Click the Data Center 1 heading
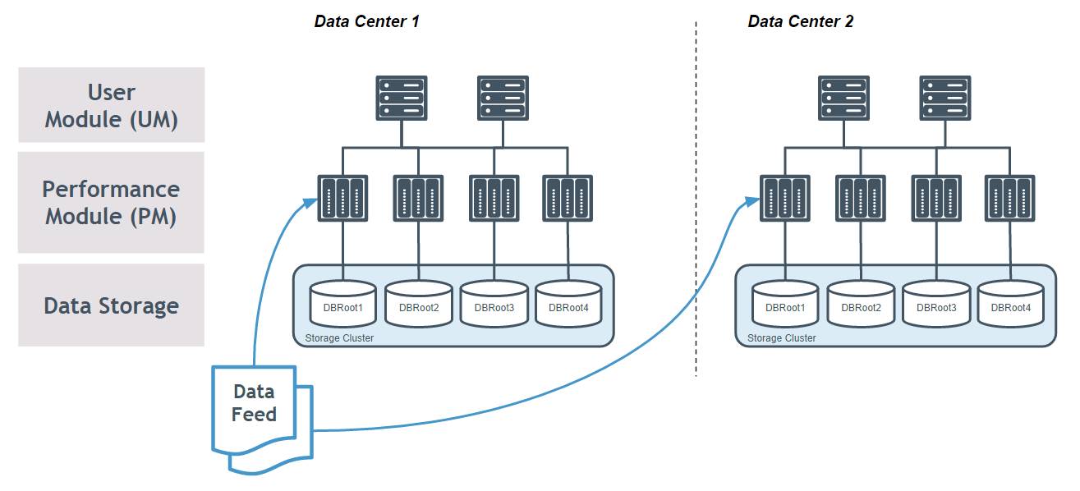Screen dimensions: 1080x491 tap(366, 21)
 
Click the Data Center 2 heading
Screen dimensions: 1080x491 tap(801, 21)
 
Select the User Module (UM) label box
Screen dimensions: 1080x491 tap(112, 105)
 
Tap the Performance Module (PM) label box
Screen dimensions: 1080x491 tap(111, 202)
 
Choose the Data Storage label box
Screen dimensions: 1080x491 tap(112, 305)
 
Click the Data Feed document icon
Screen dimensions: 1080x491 tap(262, 420)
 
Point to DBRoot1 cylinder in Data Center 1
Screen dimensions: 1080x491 tap(342, 305)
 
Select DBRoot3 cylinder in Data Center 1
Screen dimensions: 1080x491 tap(494, 305)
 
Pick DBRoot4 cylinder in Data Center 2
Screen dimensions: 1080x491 tap(1010, 305)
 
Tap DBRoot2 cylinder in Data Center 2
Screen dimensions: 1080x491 tap(861, 305)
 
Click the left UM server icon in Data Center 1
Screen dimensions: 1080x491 tap(402, 98)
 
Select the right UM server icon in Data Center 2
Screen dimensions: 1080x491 tap(945, 98)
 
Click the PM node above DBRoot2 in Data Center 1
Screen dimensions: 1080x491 tap(418, 198)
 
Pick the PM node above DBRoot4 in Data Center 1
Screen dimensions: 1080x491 tap(568, 198)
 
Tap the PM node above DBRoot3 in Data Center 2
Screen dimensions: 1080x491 tap(936, 198)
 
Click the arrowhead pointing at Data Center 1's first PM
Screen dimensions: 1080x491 tap(310, 202)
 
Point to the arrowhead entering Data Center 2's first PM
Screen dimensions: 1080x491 tap(752, 200)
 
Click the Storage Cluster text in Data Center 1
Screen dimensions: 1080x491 tap(339, 338)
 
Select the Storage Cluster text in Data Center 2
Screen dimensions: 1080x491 tap(782, 338)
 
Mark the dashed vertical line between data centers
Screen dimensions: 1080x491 tap(696, 199)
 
